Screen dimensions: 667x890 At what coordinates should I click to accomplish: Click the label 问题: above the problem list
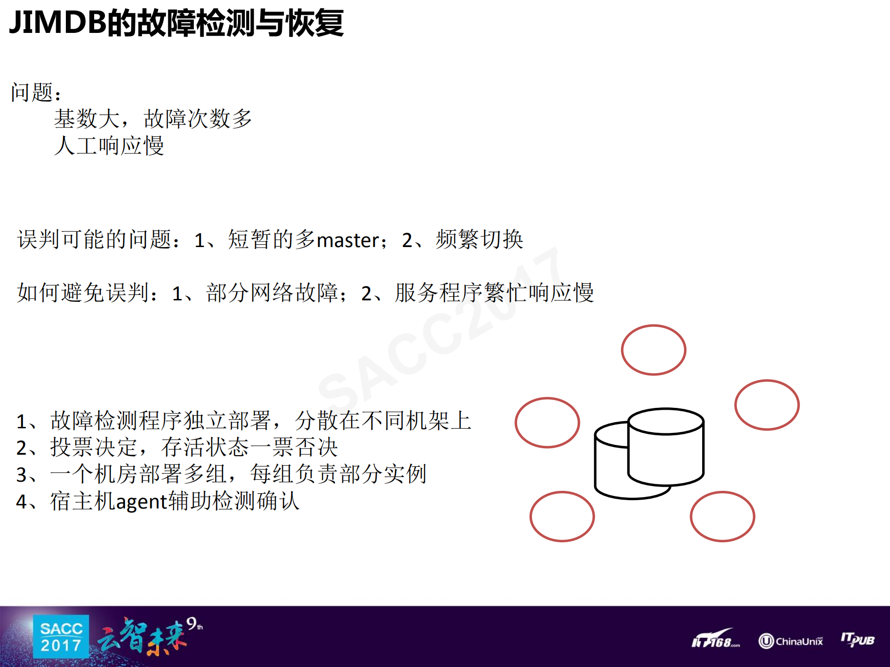[x=36, y=92]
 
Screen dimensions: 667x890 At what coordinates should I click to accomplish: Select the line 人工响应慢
[x=109, y=146]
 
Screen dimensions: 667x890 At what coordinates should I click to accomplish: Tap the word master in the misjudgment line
[x=349, y=240]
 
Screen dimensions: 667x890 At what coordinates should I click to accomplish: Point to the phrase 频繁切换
[x=479, y=240]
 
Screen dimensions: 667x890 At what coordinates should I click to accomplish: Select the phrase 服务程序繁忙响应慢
[x=494, y=293]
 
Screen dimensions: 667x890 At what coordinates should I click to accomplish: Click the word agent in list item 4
[x=141, y=502]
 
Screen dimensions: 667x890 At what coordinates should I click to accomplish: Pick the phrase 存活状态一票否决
[x=249, y=447]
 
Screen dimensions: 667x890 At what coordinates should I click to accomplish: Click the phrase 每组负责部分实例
[x=338, y=474]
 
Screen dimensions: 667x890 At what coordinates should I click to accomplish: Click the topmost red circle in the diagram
[x=653, y=350]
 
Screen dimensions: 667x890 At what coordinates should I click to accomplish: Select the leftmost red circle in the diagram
[x=547, y=423]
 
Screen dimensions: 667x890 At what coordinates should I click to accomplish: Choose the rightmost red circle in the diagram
[x=767, y=405]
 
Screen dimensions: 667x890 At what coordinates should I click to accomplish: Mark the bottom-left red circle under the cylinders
[x=562, y=516]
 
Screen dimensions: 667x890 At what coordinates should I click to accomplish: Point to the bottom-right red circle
[x=722, y=516]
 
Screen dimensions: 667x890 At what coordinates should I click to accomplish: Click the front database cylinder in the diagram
[x=666, y=450]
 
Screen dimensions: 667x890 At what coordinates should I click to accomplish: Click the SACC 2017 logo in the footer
[x=61, y=637]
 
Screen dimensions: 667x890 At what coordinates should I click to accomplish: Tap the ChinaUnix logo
[x=791, y=641]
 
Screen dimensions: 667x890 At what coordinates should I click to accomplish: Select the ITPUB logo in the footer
[x=858, y=640]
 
